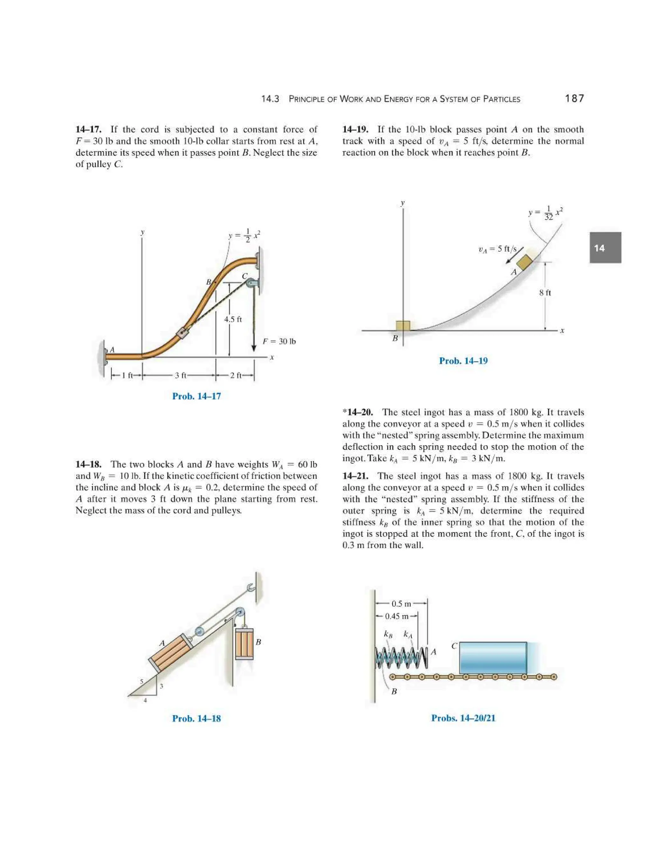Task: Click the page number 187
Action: pyautogui.click(x=574, y=99)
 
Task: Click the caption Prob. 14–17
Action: pyautogui.click(x=196, y=396)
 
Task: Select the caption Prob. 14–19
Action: pyautogui.click(x=463, y=361)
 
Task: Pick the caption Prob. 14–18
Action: pyautogui.click(x=196, y=718)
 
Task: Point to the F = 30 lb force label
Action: pyautogui.click(x=279, y=341)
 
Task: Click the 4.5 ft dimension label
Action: pyautogui.click(x=233, y=319)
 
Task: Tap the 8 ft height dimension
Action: pyautogui.click(x=545, y=293)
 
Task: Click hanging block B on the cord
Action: pyautogui.click(x=244, y=643)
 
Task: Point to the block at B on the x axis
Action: pyautogui.click(x=403, y=326)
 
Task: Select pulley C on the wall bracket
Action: pyautogui.click(x=251, y=284)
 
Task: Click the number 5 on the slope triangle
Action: pyautogui.click(x=141, y=682)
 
